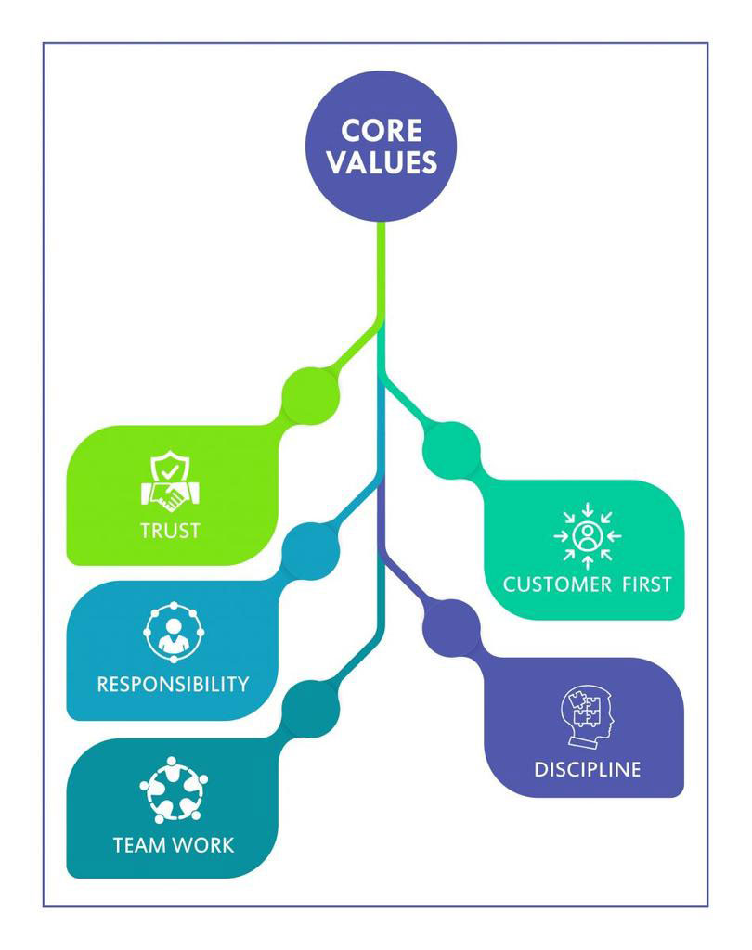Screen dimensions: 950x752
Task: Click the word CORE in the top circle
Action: click(382, 130)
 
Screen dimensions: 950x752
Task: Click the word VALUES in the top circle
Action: click(382, 162)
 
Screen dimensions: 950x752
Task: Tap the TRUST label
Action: click(170, 531)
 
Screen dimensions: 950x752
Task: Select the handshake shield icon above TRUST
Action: click(170, 481)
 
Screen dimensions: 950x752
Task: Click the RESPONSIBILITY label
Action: click(173, 685)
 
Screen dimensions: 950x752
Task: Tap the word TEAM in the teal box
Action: click(140, 845)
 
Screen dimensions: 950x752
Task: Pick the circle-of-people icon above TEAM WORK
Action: click(173, 790)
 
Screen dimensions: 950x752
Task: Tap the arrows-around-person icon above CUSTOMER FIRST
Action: click(587, 535)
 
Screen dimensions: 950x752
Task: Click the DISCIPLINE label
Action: click(587, 769)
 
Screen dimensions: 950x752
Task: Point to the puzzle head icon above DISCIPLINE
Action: click(587, 716)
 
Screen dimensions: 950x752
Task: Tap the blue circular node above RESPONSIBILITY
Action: click(310, 550)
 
